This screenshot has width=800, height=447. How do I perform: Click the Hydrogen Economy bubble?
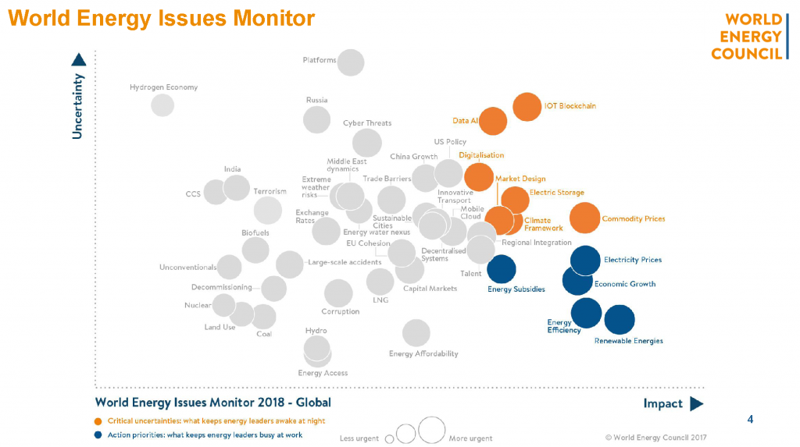click(162, 105)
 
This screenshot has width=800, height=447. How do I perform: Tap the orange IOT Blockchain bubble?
click(527, 106)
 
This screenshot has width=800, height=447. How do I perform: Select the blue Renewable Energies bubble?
click(620, 319)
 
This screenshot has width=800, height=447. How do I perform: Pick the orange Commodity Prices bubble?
click(584, 218)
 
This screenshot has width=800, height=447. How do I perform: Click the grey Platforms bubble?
click(351, 62)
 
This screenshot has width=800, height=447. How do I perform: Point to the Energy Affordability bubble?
click(416, 333)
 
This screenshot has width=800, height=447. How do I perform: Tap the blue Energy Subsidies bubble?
click(502, 269)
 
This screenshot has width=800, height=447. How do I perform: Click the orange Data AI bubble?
click(493, 121)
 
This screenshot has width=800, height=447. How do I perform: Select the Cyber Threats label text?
click(367, 123)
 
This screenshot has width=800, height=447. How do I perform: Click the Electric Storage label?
click(556, 193)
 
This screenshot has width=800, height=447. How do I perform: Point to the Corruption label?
click(341, 311)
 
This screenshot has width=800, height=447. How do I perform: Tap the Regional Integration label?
click(537, 243)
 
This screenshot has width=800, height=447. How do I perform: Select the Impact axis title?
click(662, 403)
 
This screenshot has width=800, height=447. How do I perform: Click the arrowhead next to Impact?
click(697, 403)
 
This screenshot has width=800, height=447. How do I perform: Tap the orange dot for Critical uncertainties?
click(97, 421)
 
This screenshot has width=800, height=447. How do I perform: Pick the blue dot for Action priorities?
click(97, 435)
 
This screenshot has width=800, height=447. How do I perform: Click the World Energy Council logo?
click(746, 37)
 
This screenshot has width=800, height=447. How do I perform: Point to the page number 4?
click(750, 420)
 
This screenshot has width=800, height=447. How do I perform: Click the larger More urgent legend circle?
click(431, 430)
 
